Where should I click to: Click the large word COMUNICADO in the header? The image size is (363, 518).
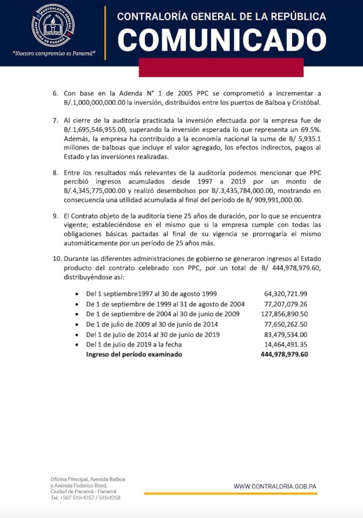(222, 39)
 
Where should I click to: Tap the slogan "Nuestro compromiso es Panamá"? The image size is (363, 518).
(54, 53)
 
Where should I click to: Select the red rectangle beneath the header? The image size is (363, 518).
(221, 71)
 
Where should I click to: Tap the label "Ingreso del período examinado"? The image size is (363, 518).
(134, 354)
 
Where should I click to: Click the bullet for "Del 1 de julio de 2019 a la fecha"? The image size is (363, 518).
(77, 345)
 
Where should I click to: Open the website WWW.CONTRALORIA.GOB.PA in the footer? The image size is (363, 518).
(275, 486)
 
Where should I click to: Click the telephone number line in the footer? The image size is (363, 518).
(85, 498)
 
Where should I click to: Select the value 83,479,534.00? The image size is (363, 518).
(285, 334)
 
